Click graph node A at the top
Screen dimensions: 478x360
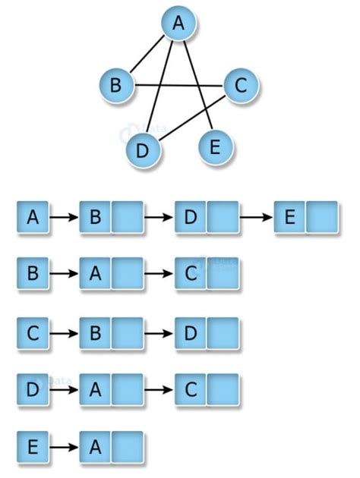pyautogui.click(x=179, y=26)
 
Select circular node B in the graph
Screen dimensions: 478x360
pyautogui.click(x=116, y=84)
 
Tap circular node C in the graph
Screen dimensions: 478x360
pyautogui.click(x=241, y=86)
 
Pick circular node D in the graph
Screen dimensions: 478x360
pyautogui.click(x=141, y=149)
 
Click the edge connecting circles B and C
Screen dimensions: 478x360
pyautogui.click(x=178, y=85)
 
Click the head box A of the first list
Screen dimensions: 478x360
pyautogui.click(x=33, y=218)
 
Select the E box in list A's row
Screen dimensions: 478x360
pyautogui.click(x=289, y=218)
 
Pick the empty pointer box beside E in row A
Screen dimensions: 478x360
pyautogui.click(x=321, y=218)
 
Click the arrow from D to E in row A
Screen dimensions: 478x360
pyautogui.click(x=256, y=218)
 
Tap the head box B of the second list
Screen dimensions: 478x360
pyautogui.click(x=33, y=274)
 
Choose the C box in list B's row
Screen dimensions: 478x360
pyautogui.click(x=190, y=274)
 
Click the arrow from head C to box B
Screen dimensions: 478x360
pyautogui.click(x=64, y=333)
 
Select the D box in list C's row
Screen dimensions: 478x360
pyautogui.click(x=190, y=333)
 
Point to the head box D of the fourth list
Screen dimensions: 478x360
pyautogui.click(x=33, y=389)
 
